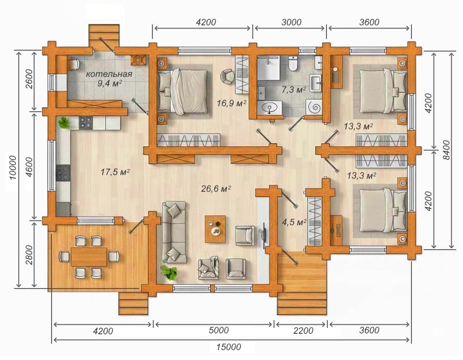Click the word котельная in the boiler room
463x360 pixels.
click(x=109, y=74)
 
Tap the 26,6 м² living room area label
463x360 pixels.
click(x=216, y=188)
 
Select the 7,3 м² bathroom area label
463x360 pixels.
click(x=293, y=90)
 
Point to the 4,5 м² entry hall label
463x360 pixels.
click(x=294, y=222)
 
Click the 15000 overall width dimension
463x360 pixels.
click(x=228, y=347)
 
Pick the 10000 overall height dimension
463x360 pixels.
click(x=13, y=167)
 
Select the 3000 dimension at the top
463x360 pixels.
click(x=291, y=22)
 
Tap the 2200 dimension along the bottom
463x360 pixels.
click(x=303, y=331)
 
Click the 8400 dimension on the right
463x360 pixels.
click(x=446, y=150)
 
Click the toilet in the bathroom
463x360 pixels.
click(x=293, y=63)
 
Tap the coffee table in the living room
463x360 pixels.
click(x=215, y=229)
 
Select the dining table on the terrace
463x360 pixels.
click(x=89, y=256)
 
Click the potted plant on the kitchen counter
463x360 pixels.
click(x=63, y=123)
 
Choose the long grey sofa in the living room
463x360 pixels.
click(x=174, y=232)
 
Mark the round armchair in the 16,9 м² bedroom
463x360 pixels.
click(x=227, y=76)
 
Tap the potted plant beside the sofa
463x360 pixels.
click(x=169, y=272)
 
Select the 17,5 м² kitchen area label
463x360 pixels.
click(x=115, y=171)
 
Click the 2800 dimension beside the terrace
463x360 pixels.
click(x=29, y=255)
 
